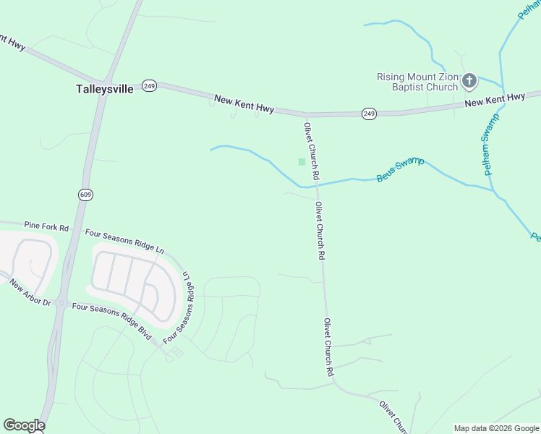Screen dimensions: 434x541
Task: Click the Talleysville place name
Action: [105, 90]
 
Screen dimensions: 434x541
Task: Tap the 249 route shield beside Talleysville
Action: [149, 85]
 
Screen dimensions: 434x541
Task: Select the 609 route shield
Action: [86, 195]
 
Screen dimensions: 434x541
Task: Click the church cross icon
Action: [469, 81]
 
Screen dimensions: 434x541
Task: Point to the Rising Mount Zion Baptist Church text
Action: [417, 82]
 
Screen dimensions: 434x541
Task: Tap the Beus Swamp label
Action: [400, 169]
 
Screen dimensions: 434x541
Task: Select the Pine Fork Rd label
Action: [46, 227]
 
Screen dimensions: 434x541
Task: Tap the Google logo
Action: [24, 425]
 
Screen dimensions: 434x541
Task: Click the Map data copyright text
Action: [496, 428]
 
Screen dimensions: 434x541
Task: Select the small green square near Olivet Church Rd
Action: [302, 162]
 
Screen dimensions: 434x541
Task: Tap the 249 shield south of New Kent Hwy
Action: [369, 114]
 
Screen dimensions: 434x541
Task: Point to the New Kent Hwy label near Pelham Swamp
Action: [495, 100]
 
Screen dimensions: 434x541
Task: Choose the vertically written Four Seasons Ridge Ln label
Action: [181, 307]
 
